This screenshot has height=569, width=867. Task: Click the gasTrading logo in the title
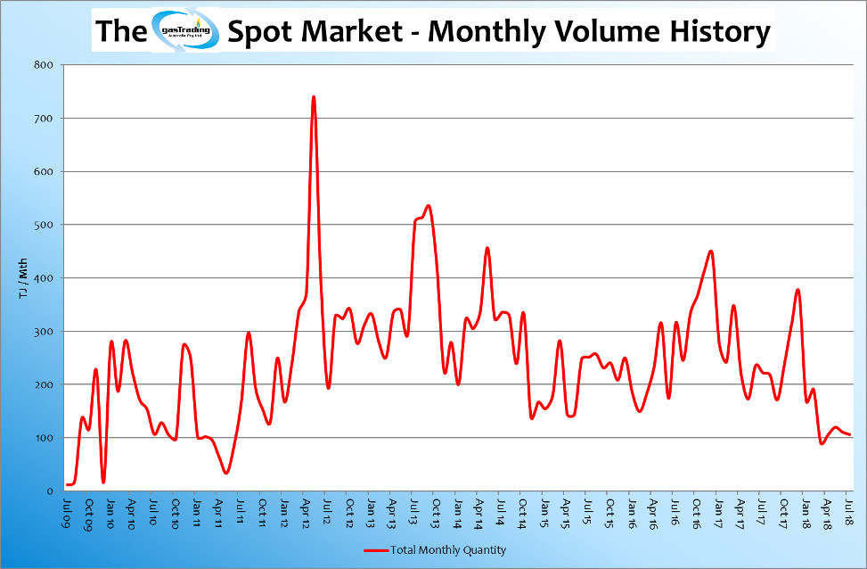(x=185, y=31)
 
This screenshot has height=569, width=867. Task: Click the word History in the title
(x=718, y=32)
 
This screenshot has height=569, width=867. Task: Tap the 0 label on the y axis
(x=50, y=491)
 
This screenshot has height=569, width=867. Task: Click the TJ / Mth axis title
(x=23, y=277)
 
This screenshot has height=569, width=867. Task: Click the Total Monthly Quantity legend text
(x=448, y=550)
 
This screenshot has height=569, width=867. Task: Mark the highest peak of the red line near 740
(x=314, y=97)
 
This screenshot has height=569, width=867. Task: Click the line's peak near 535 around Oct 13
(x=429, y=206)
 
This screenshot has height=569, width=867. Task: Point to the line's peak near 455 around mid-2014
(x=487, y=248)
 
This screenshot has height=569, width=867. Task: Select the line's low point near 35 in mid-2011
(x=226, y=473)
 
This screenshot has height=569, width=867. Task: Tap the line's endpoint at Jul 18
(x=851, y=434)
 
